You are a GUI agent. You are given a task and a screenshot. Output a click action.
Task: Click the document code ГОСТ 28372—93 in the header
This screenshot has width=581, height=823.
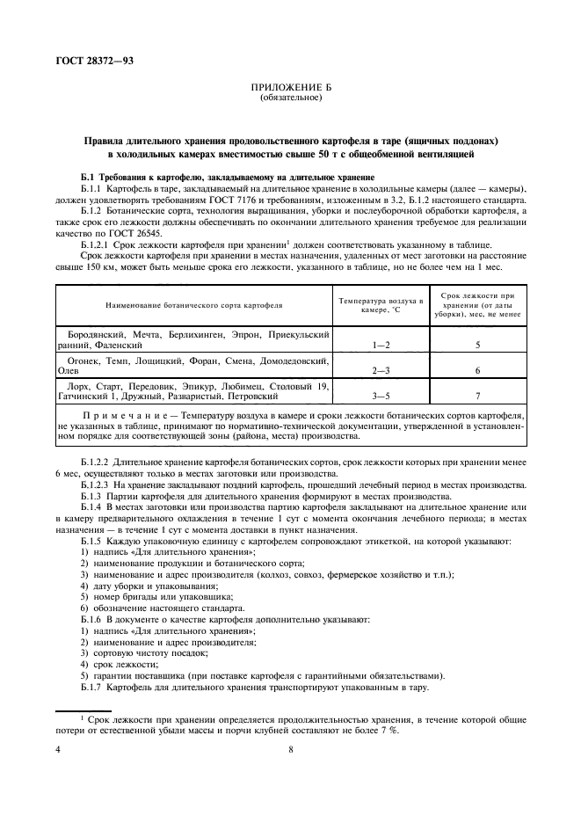[x=84, y=57]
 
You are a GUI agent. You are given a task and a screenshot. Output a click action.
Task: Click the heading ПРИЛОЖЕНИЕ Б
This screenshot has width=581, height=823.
[x=290, y=88]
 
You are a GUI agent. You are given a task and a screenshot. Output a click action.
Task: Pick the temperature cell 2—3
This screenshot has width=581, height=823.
[x=381, y=371]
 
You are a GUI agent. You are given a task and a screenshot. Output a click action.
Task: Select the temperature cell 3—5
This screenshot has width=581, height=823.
[x=381, y=397]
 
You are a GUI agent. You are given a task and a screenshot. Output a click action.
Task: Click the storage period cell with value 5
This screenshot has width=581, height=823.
[x=477, y=346]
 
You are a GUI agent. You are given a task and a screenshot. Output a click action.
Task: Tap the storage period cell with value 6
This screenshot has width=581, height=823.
[x=477, y=371]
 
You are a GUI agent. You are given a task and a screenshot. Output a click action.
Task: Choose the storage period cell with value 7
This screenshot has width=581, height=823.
[x=477, y=397]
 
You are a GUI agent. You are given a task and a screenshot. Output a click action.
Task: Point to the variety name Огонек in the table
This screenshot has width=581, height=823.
[x=85, y=361]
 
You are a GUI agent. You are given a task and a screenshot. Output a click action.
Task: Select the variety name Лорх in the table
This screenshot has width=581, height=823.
[x=80, y=386]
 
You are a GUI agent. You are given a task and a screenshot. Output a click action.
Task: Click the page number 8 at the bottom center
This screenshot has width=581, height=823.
[x=290, y=749]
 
